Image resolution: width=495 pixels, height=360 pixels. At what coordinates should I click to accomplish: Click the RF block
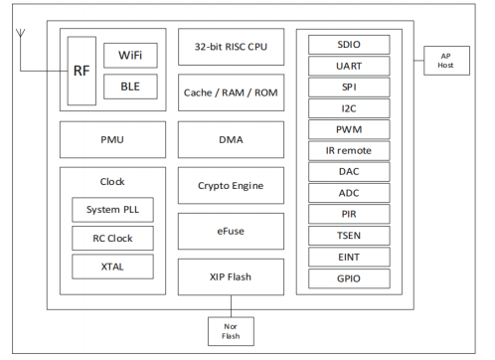(82, 71)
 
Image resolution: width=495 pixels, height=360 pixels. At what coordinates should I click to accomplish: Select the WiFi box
(130, 55)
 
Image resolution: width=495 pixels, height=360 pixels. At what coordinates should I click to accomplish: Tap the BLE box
(130, 87)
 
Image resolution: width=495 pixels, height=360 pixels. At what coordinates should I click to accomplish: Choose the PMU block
(110, 141)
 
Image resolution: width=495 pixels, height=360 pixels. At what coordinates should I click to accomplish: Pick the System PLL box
(112, 210)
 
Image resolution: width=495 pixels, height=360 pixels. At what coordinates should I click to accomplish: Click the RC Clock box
(112, 238)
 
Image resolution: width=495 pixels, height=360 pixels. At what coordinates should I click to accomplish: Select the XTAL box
(112, 266)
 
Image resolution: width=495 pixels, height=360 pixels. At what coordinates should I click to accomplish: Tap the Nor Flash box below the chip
(231, 329)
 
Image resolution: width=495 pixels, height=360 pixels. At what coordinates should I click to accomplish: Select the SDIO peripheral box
(350, 45)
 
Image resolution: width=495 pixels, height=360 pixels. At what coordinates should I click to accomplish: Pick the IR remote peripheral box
(350, 150)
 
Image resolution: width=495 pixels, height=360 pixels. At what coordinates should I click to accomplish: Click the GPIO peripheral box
(350, 278)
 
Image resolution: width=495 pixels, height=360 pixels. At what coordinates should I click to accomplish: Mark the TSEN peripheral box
(350, 236)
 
